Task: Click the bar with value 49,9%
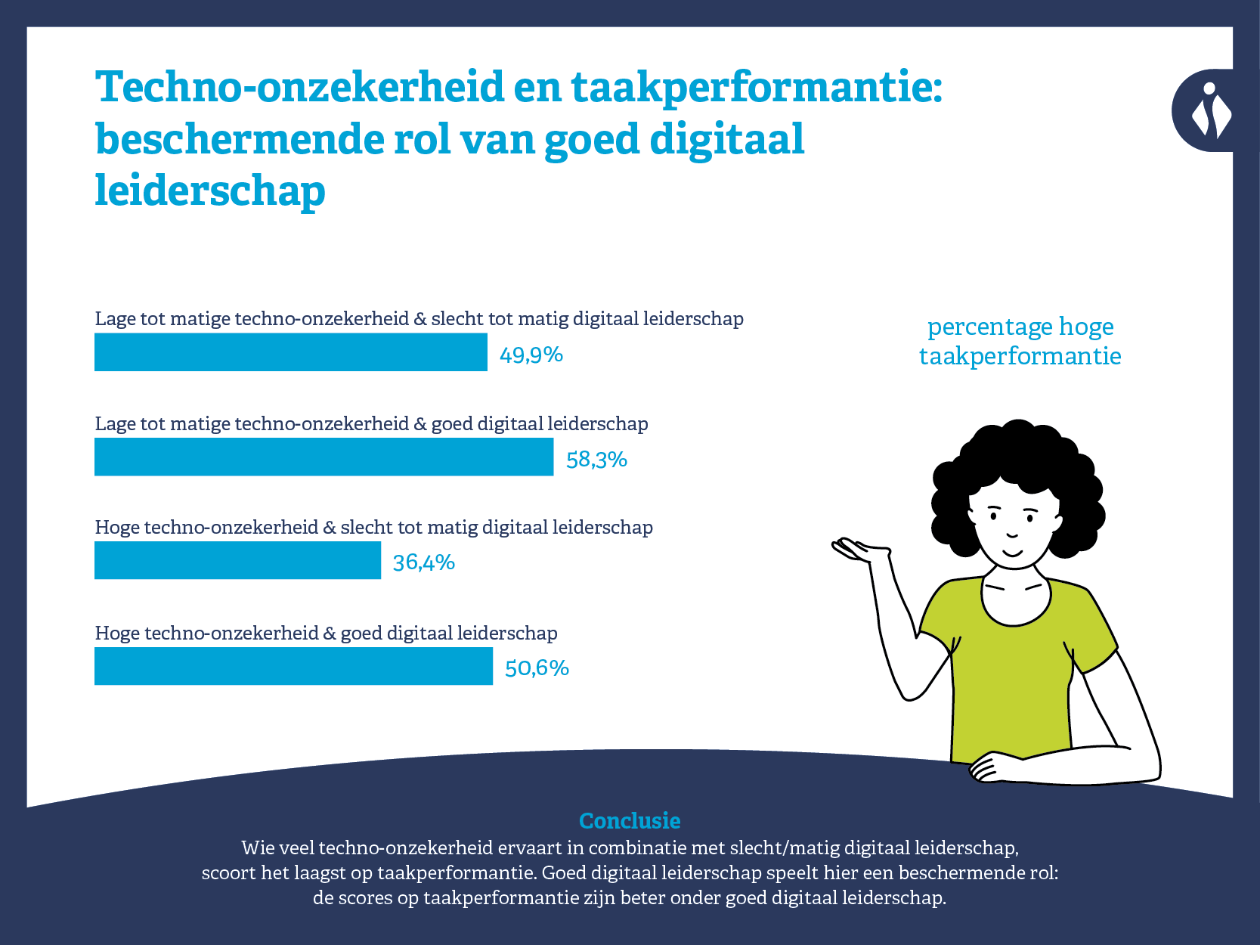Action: pos(290,352)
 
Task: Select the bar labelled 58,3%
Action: pos(324,457)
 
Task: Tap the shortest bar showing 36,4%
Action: pos(237,560)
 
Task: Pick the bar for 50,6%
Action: pos(293,666)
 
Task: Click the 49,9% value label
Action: pos(531,355)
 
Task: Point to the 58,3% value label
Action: pos(596,460)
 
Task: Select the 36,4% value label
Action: pos(423,562)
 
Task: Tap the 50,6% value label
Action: pos(537,668)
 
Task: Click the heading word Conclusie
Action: pos(630,821)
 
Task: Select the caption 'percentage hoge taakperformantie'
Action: pos(1020,341)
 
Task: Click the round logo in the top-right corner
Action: pos(1207,110)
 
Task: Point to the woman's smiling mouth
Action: pos(1012,553)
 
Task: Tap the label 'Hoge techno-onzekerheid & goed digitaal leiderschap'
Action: pos(326,633)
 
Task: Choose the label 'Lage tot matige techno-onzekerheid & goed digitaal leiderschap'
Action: pos(371,423)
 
